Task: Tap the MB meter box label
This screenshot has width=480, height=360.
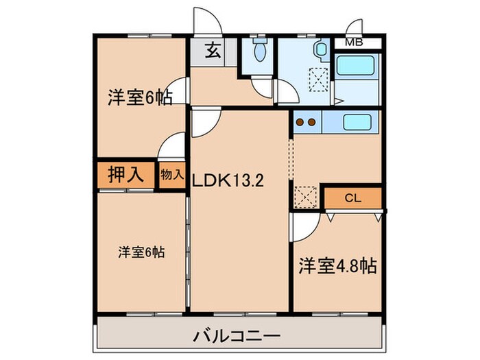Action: pyautogui.click(x=354, y=43)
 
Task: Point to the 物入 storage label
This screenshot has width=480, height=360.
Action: pyautogui.click(x=172, y=174)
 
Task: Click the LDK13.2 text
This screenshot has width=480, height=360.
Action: pyautogui.click(x=228, y=183)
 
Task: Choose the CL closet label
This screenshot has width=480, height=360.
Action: pyautogui.click(x=352, y=199)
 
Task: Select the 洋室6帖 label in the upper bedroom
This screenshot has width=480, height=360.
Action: pyautogui.click(x=139, y=97)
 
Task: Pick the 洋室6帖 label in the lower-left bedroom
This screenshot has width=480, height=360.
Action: pyautogui.click(x=141, y=252)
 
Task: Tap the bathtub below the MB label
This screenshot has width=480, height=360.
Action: pyautogui.click(x=358, y=67)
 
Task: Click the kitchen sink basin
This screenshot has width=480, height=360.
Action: pyautogui.click(x=357, y=123)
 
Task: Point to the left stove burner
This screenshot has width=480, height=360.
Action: pyautogui.click(x=300, y=123)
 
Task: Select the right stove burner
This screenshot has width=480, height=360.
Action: pyautogui.click(x=311, y=123)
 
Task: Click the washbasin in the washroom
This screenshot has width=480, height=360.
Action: pyautogui.click(x=320, y=50)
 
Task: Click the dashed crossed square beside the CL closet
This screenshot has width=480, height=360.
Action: pyautogui.click(x=305, y=196)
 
